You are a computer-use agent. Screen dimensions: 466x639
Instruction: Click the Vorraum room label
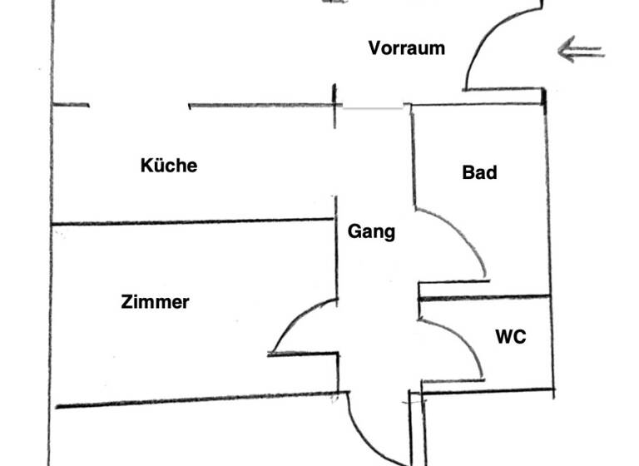pyautogui.click(x=406, y=47)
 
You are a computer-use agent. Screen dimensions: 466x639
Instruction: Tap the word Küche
pyautogui.click(x=169, y=166)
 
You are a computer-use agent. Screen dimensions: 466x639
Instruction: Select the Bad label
pyautogui.click(x=479, y=172)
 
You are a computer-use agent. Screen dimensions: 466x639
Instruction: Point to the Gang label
pyautogui.click(x=371, y=232)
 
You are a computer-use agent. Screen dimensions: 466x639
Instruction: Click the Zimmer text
pyautogui.click(x=155, y=302)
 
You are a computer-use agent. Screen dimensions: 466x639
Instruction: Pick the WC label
pyautogui.click(x=510, y=337)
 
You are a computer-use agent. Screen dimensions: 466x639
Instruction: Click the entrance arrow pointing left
pyautogui.click(x=581, y=51)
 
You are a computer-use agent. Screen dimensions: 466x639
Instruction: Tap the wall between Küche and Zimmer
pyautogui.click(x=191, y=221)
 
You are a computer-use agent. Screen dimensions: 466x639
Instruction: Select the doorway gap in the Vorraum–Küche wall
pyautogui.click(x=139, y=106)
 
